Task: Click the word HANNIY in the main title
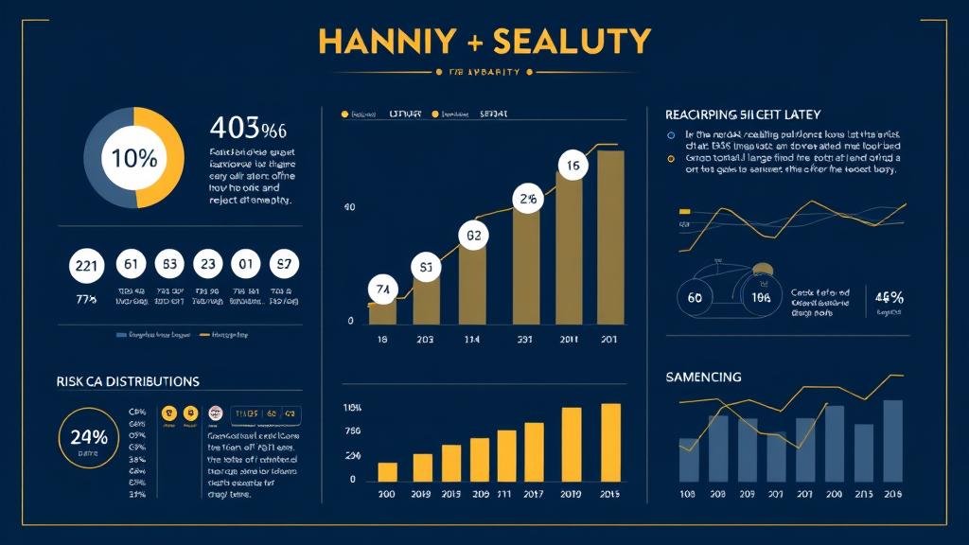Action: click(377, 41)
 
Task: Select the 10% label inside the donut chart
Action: click(134, 158)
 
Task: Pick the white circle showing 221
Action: click(86, 266)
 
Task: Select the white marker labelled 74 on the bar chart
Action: click(382, 289)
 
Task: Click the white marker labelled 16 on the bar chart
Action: click(573, 167)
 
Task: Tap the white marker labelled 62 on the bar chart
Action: click(473, 236)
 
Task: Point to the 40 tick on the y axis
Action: click(349, 207)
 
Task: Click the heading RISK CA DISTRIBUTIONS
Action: click(128, 381)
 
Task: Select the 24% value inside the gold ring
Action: click(88, 436)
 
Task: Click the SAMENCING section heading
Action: click(703, 377)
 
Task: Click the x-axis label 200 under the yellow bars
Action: click(386, 495)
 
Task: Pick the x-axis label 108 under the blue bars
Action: click(688, 495)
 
